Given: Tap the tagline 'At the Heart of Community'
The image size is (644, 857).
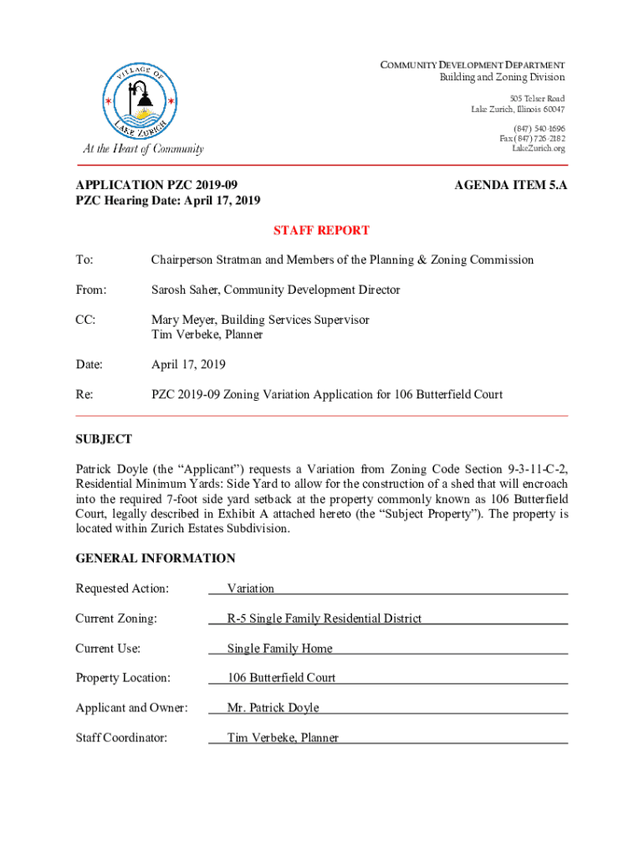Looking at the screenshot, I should tap(142, 149).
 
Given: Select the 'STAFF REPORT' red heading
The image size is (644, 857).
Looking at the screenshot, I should tap(322, 230).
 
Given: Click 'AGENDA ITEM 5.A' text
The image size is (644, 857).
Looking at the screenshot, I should tap(511, 184).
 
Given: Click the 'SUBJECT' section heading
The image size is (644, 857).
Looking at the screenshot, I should tap(104, 439).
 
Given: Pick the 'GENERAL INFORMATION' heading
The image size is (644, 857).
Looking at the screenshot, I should tap(156, 558).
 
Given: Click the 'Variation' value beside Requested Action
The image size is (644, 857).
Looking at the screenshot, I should tap(251, 588).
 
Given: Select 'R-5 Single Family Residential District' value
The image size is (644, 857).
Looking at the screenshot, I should tap(325, 618).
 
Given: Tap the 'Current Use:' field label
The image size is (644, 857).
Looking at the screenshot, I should tap(108, 649).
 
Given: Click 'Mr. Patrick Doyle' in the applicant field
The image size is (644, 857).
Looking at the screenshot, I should tap(273, 708).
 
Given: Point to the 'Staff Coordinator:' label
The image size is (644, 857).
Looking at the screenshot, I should tap(121, 738).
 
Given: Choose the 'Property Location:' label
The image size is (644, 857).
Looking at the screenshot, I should tap(123, 678).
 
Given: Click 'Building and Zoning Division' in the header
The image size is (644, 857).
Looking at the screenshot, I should tap(502, 78).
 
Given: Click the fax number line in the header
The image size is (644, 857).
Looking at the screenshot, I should tap(532, 138).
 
